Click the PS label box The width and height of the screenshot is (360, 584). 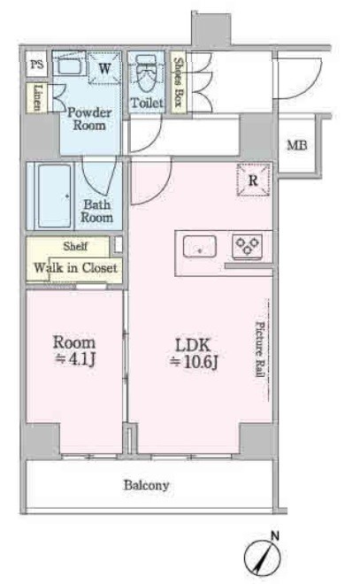click(36, 64)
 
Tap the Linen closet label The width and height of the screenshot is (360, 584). click(38, 97)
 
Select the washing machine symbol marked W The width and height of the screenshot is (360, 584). click(105, 68)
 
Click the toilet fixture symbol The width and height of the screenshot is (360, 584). click(146, 73)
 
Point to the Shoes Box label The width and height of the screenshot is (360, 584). click(179, 82)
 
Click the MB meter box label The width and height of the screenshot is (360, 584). click(297, 145)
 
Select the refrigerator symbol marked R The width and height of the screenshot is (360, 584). click(253, 180)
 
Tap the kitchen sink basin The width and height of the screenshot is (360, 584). click(200, 247)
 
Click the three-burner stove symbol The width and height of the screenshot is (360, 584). click(247, 246)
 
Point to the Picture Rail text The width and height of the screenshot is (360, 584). click(260, 349)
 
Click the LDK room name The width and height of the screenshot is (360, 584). click(193, 345)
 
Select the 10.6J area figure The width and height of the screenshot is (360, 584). click(194, 361)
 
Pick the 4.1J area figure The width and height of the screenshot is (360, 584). click(75, 358)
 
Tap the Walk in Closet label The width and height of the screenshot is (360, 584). click(75, 267)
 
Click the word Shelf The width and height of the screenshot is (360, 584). click(75, 246)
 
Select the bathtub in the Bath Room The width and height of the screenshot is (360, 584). click(54, 196)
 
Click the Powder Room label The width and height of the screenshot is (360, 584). click(89, 119)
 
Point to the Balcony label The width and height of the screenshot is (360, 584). click(146, 485)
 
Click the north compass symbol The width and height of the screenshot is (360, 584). click(263, 557)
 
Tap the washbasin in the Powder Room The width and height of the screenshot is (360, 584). click(69, 64)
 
